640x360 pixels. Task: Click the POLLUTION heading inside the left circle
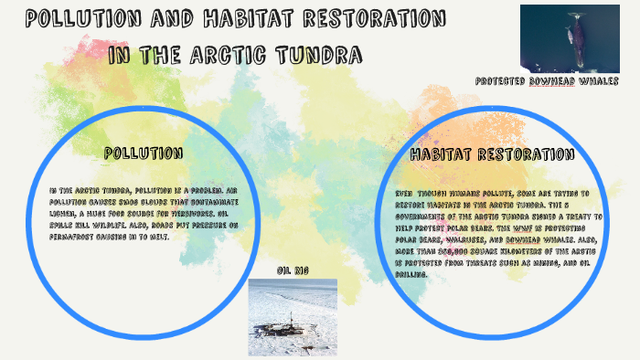(143, 152)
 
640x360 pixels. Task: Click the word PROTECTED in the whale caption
(501, 80)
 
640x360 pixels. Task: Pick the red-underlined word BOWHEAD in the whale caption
(558, 80)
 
